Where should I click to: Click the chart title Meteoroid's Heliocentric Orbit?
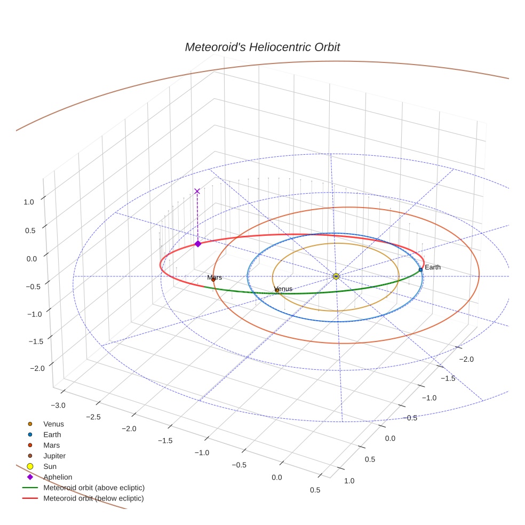[262, 47]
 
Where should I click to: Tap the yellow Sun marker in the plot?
[336, 276]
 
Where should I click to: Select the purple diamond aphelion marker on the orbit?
[198, 244]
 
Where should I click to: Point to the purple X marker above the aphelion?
[197, 191]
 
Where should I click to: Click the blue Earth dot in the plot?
[420, 269]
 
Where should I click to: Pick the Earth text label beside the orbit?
[433, 267]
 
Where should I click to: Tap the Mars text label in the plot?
[214, 277]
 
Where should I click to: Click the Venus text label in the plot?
[283, 289]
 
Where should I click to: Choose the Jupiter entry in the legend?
[54, 456]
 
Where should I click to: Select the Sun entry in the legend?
[50, 466]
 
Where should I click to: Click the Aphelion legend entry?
[58, 477]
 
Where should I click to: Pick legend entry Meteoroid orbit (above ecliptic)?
[93, 488]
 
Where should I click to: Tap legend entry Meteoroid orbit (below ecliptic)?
[93, 498]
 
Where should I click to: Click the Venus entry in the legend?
[53, 424]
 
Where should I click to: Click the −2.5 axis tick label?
[93, 417]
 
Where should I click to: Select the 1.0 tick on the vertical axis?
[29, 202]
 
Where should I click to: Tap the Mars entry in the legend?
[51, 445]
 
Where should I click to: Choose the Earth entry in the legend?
[52, 434]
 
